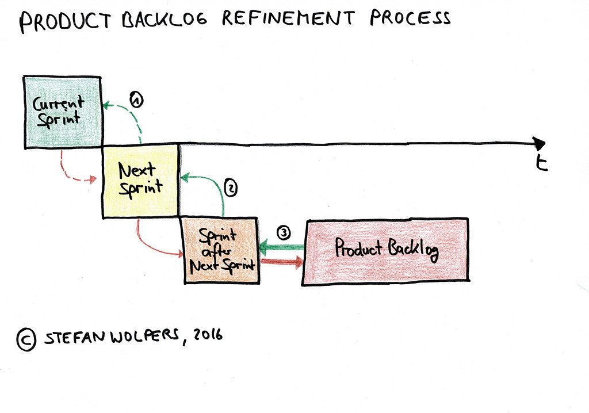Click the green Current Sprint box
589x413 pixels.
pos(62,112)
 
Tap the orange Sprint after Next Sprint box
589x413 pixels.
pos(220,251)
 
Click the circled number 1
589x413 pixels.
pos(136,100)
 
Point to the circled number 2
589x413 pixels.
pos(230,188)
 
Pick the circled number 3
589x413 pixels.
pos(283,232)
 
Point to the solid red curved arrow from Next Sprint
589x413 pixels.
pos(151,244)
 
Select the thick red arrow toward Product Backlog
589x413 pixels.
pos(282,262)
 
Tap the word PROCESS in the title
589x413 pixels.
pos(410,18)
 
